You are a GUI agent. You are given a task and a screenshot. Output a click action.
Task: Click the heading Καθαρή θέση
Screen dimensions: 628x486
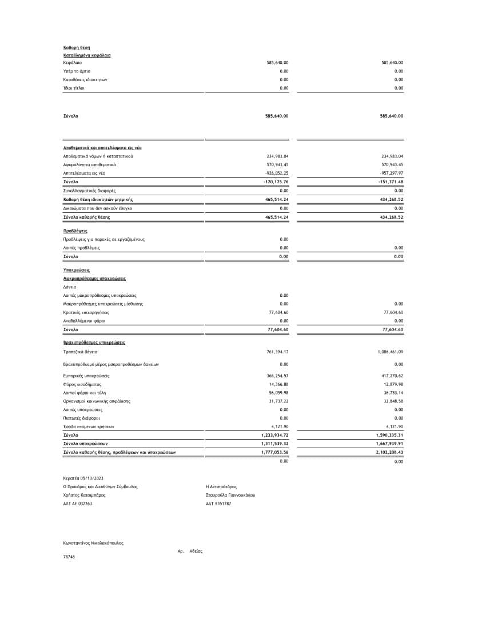coord(77,47)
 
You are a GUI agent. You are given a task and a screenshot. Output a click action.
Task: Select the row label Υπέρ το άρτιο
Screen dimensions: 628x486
coord(77,71)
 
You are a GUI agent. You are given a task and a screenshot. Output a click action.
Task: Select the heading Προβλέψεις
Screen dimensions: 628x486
coord(75,231)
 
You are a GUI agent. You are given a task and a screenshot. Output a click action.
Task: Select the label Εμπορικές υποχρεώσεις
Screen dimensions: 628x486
coord(86,376)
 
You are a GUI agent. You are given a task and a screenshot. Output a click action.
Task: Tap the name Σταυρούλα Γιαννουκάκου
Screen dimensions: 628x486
coord(230,495)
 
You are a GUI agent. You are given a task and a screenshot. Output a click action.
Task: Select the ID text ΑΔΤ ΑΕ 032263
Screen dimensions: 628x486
coord(78,504)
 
